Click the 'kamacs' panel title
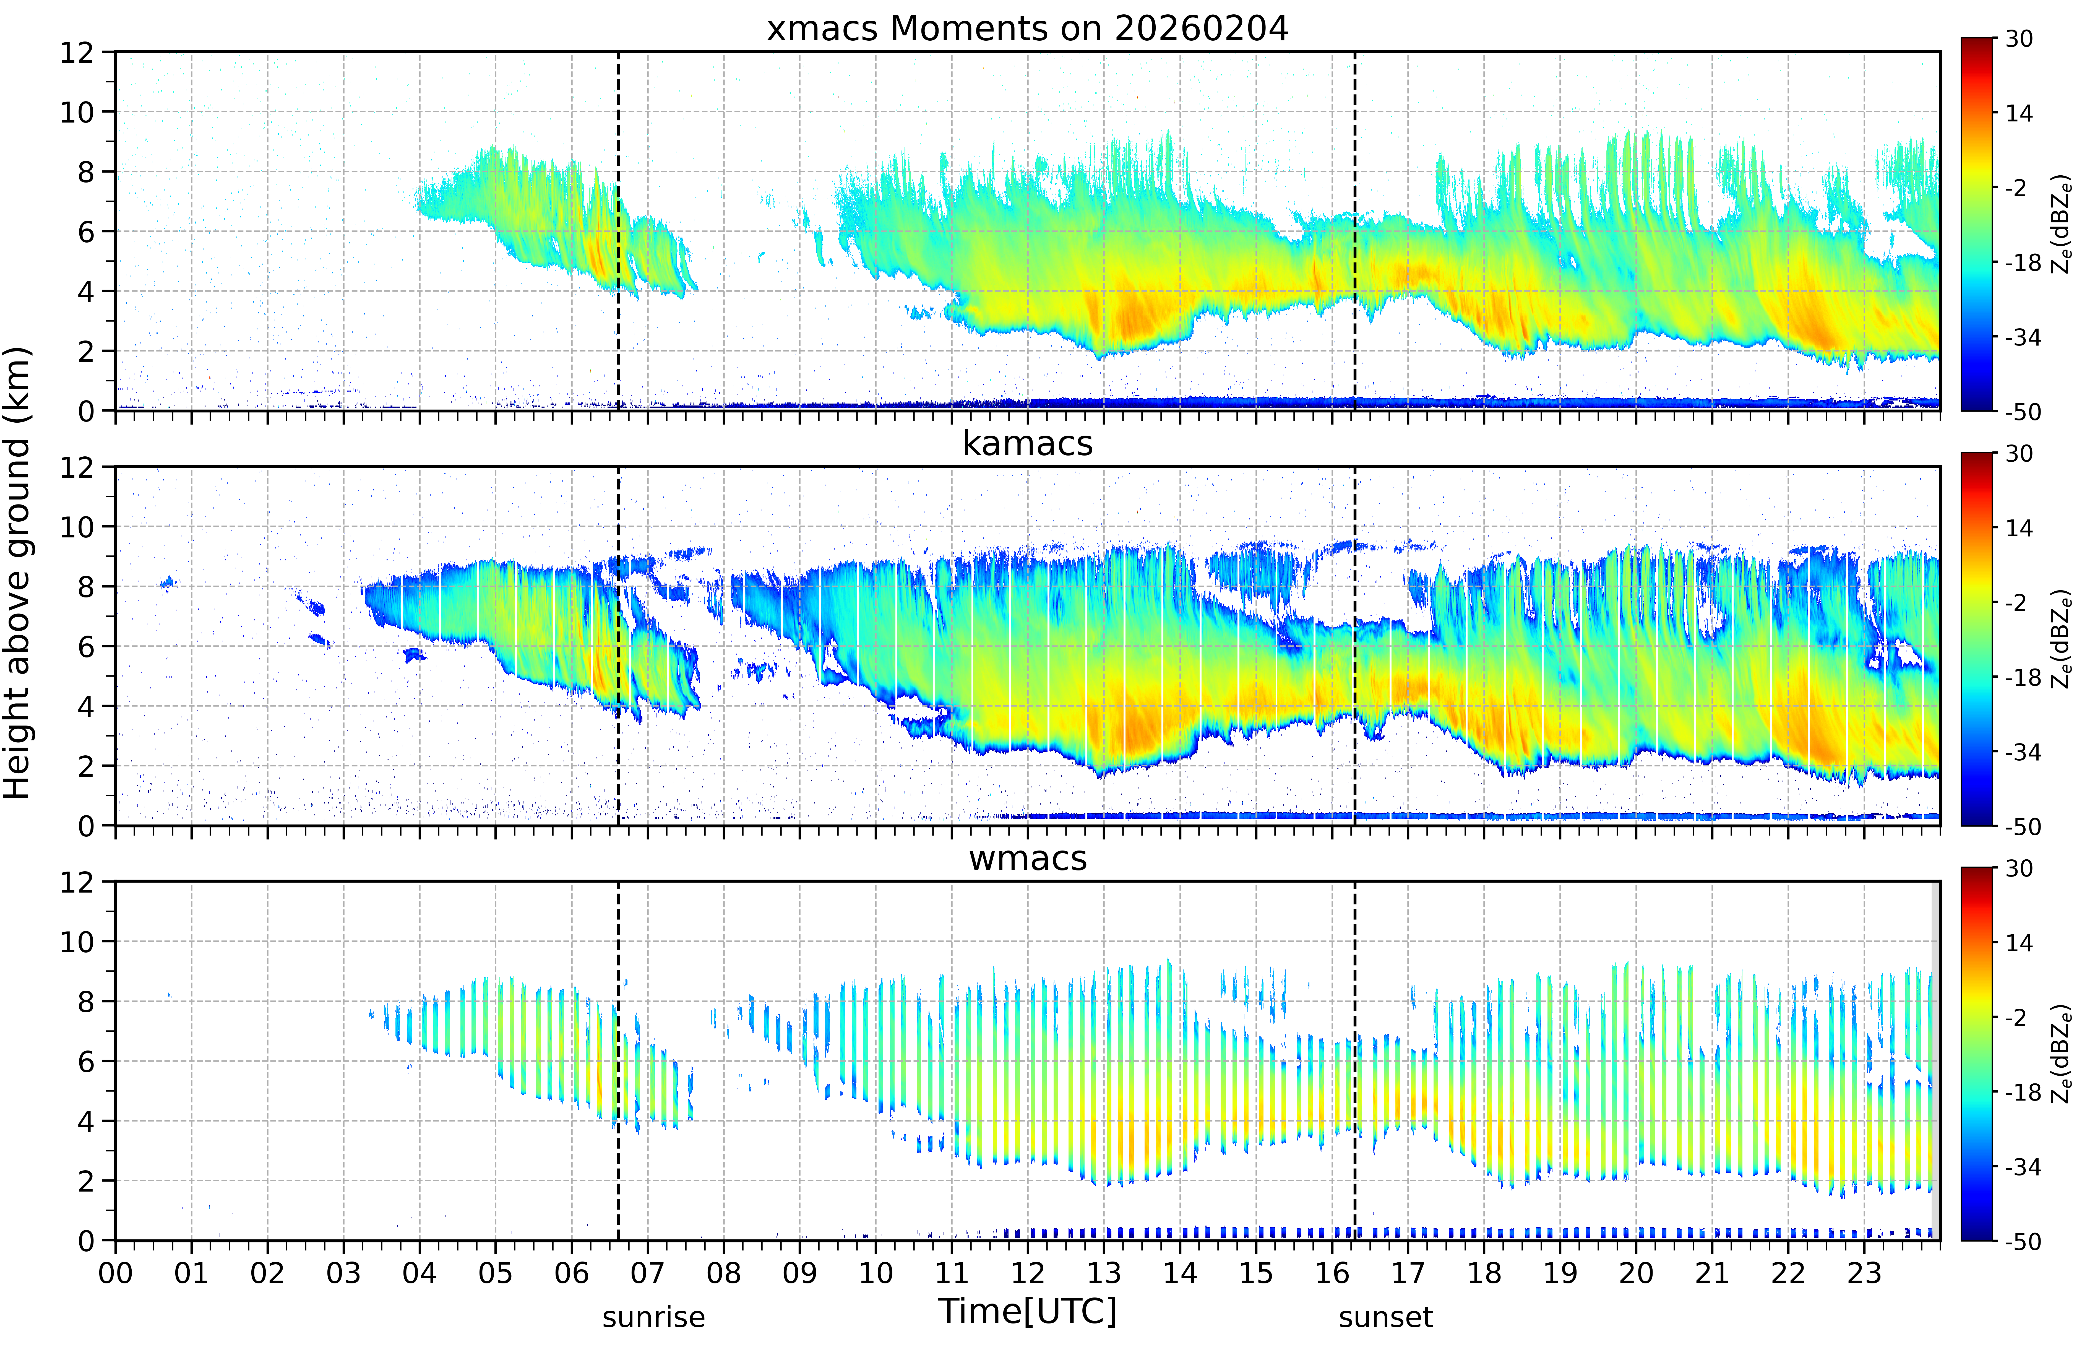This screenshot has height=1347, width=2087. click(x=1027, y=443)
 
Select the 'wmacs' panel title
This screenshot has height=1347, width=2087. click(x=1027, y=858)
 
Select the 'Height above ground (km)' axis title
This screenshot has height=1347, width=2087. click(x=17, y=573)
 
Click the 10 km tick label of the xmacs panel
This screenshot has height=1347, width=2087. click(x=77, y=112)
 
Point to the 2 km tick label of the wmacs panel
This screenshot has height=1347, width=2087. click(x=86, y=1181)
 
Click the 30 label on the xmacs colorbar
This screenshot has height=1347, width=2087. click(x=2019, y=39)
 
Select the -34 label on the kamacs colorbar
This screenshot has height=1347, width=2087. click(x=2022, y=752)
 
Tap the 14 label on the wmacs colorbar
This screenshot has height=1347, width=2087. click(x=2019, y=943)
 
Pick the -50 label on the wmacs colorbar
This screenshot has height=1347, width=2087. click(x=2022, y=1241)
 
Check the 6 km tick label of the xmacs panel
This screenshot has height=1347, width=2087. click(x=86, y=232)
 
